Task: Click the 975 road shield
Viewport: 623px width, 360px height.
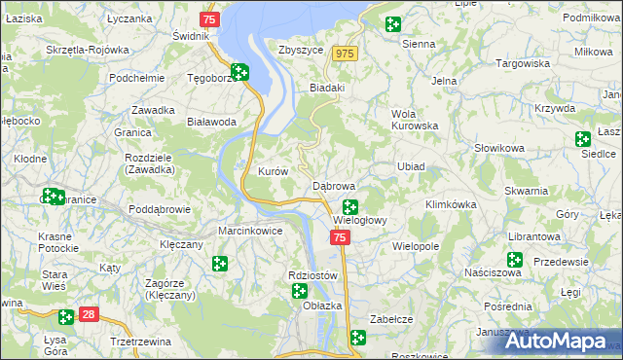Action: pyautogui.click(x=344, y=54)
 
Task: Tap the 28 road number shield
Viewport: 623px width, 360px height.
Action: pyautogui.click(x=89, y=314)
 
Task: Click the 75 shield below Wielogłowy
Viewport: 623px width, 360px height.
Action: pyautogui.click(x=339, y=237)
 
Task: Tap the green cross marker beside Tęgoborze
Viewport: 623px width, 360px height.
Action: pyautogui.click(x=238, y=72)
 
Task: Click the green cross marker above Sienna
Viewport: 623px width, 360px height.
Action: pyautogui.click(x=392, y=25)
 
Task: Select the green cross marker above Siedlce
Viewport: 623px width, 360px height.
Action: pyautogui.click(x=583, y=139)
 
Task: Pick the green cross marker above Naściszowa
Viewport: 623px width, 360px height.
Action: pyautogui.click(x=514, y=260)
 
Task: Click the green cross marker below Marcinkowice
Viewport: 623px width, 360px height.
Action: pyautogui.click(x=221, y=263)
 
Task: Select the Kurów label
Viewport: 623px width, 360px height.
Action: pyautogui.click(x=273, y=171)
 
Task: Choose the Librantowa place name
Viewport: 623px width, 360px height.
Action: pyautogui.click(x=532, y=237)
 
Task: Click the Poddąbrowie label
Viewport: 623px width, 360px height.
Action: pyautogui.click(x=159, y=209)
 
